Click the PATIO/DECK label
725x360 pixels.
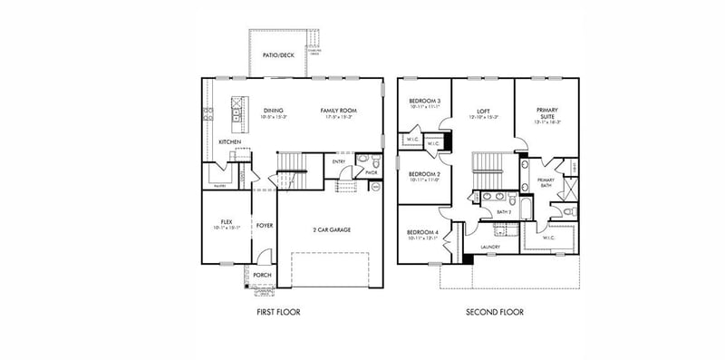pyautogui.click(x=279, y=55)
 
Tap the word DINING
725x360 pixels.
pyautogui.click(x=248, y=111)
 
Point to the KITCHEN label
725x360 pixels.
pyautogui.click(x=229, y=142)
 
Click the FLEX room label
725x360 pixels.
pyautogui.click(x=227, y=222)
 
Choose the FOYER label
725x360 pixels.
pyautogui.click(x=265, y=225)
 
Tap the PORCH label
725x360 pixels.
pyautogui.click(x=262, y=275)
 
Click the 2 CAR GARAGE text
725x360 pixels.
pyautogui.click(x=332, y=229)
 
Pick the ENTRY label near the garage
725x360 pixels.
pyautogui.click(x=339, y=162)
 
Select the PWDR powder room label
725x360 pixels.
pyautogui.click(x=371, y=171)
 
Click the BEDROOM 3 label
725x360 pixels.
pyautogui.click(x=424, y=101)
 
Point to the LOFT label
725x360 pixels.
pyautogui.click(x=484, y=111)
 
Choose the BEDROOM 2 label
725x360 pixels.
pyautogui.click(x=424, y=174)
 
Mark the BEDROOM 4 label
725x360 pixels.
pyautogui.click(x=424, y=232)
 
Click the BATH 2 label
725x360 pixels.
pyautogui.click(x=504, y=212)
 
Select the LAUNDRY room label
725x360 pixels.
pyautogui.click(x=491, y=247)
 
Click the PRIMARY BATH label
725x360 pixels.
pyautogui.click(x=546, y=182)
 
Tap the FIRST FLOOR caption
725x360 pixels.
pyautogui.click(x=277, y=312)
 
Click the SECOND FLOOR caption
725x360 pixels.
pyautogui.click(x=494, y=312)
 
